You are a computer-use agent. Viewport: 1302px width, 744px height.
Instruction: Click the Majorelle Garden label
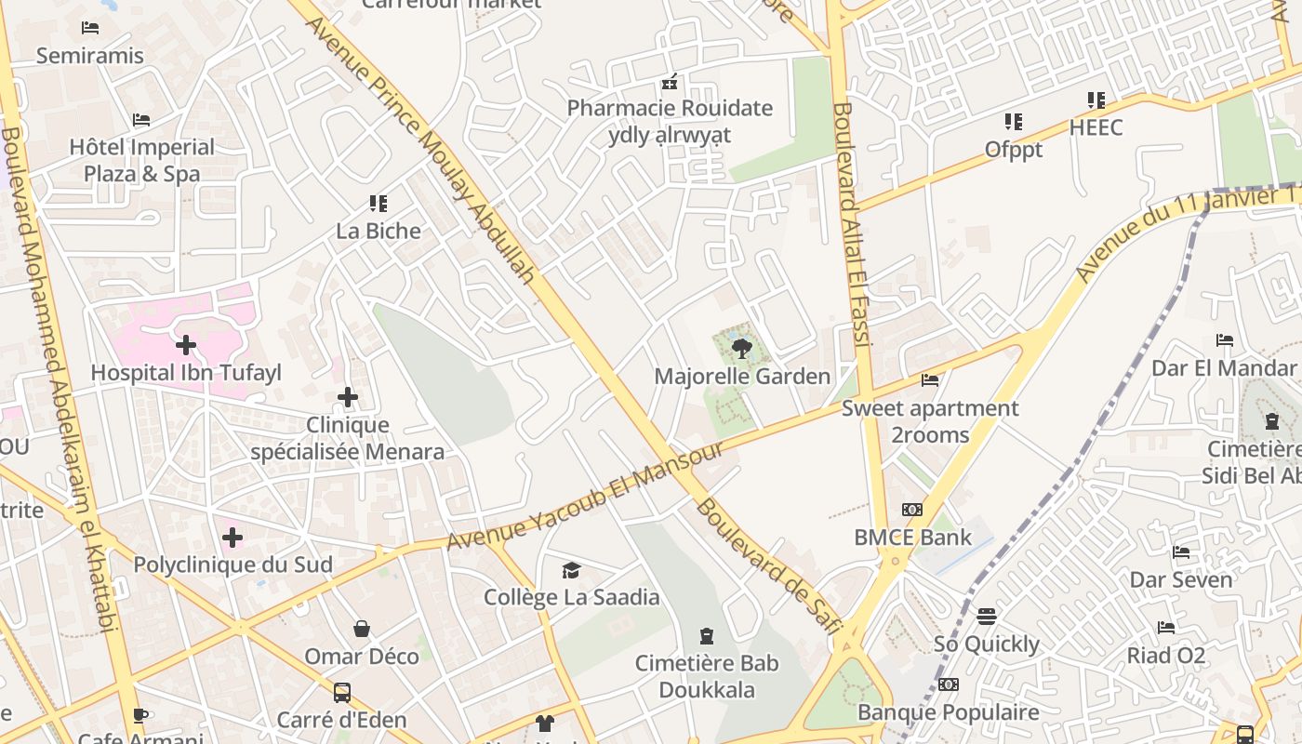742,377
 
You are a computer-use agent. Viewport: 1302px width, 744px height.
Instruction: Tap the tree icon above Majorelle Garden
741,349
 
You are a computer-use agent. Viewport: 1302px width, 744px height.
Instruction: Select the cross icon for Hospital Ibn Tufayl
186,345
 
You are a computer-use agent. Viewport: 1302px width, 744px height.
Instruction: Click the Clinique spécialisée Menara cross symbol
348,397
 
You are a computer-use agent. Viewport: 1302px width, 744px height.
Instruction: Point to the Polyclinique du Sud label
232,565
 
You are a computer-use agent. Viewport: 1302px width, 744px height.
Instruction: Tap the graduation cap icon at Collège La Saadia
571,570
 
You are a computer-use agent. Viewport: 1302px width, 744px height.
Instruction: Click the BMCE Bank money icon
912,510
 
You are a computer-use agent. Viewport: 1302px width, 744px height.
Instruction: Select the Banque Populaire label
949,712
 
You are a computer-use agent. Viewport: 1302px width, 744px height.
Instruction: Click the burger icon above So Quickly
987,617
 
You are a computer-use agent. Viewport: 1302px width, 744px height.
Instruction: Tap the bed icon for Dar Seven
1181,552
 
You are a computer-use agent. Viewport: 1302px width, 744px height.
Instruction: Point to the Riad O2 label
1166,656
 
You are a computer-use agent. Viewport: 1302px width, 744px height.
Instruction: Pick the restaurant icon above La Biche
378,203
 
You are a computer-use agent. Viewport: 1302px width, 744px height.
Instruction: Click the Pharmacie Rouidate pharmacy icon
669,82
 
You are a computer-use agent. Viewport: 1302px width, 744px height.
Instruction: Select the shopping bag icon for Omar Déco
362,630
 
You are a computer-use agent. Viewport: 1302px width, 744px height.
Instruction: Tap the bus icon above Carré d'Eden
342,692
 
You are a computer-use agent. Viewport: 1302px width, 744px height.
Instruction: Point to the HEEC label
1096,127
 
